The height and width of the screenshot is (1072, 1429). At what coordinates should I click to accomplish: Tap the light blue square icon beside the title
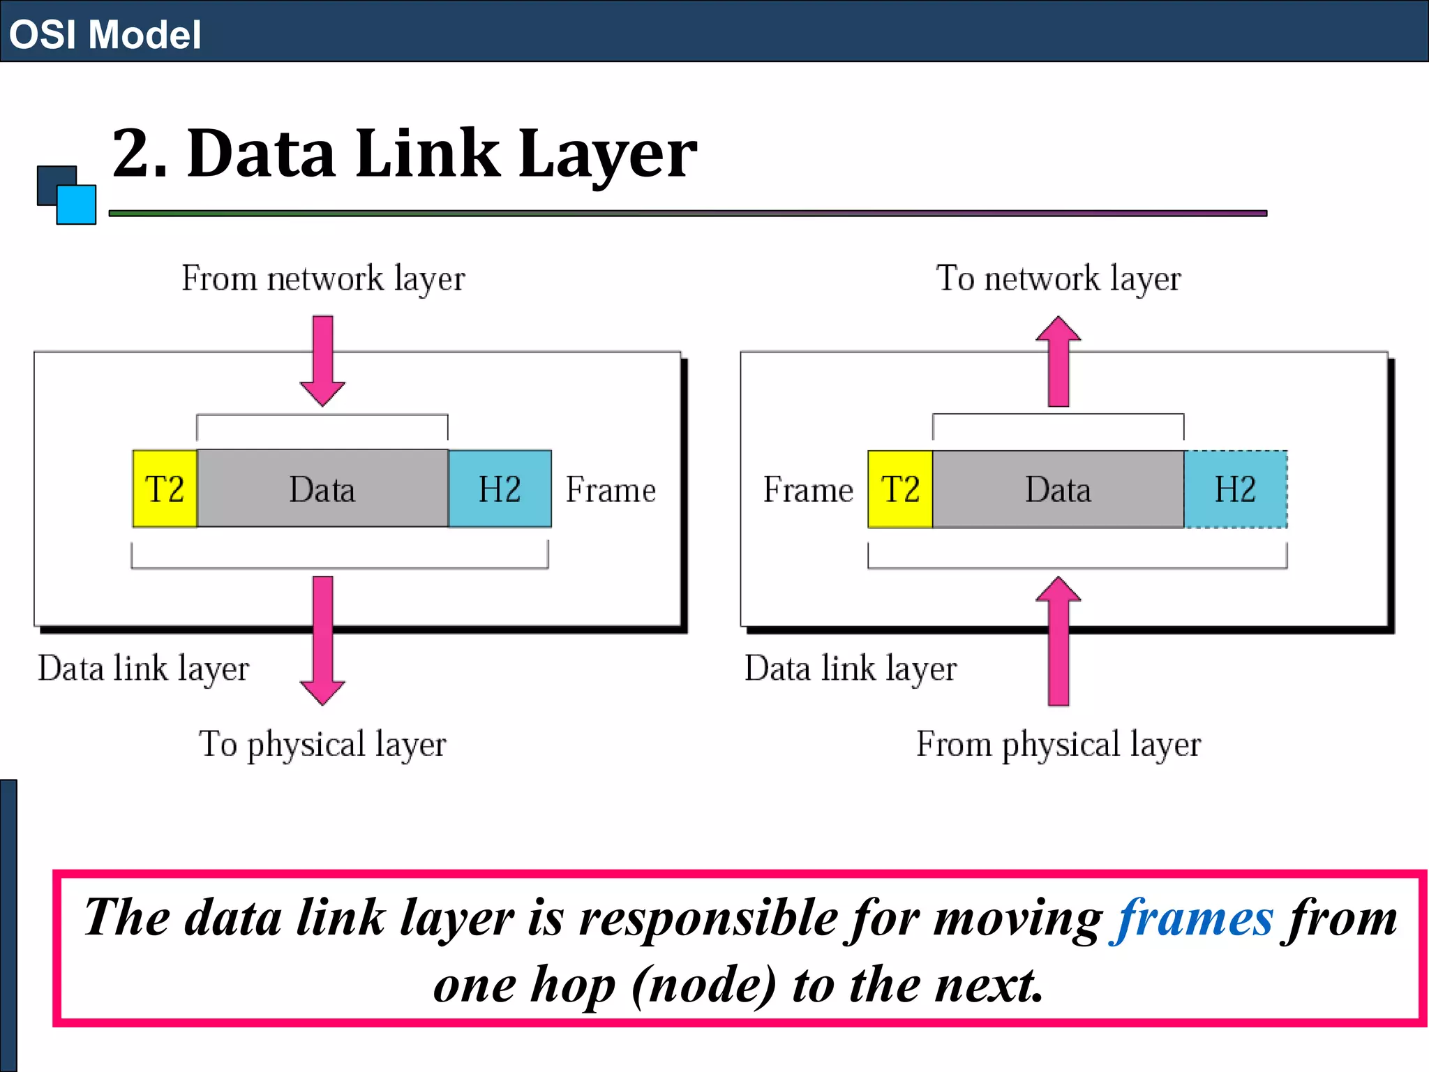(77, 204)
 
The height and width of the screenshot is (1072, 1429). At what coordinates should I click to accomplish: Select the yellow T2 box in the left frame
(165, 489)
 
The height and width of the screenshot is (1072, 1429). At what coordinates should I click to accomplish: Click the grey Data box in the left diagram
(322, 489)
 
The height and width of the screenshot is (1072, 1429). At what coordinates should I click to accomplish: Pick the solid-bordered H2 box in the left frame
(500, 489)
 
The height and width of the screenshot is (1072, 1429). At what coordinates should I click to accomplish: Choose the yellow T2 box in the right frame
(900, 489)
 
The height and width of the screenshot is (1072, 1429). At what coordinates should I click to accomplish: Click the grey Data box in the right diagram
(1058, 489)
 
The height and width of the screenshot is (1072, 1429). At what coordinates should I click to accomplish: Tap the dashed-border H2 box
(1236, 489)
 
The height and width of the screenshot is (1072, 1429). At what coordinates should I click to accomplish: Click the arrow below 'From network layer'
(322, 360)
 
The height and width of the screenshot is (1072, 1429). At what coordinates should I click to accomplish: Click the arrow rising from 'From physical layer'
(1058, 640)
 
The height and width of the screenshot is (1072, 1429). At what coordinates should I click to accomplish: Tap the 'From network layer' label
(323, 278)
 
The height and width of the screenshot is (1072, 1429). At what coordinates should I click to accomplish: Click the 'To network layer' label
(1058, 278)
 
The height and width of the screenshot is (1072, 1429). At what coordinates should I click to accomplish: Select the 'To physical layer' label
(322, 744)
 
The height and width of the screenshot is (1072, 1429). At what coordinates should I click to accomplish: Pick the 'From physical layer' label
(1058, 744)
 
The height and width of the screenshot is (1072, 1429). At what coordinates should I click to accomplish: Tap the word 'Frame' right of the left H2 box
(611, 490)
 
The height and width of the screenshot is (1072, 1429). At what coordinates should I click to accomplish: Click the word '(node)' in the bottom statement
(703, 985)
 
